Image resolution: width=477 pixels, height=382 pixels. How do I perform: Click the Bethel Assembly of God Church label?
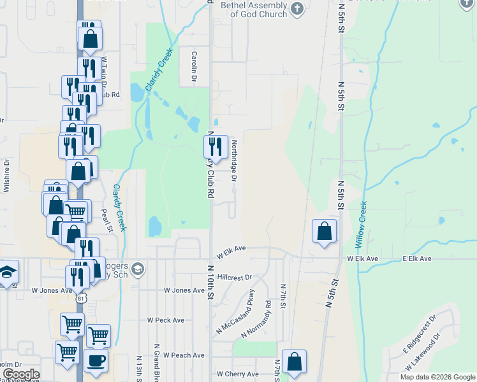[254, 10]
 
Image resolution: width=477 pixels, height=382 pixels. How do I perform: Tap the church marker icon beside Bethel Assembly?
[297, 8]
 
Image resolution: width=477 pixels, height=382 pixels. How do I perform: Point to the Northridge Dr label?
[234, 161]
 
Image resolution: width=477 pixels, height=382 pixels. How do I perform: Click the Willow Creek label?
[362, 224]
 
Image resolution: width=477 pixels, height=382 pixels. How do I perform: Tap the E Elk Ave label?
[417, 259]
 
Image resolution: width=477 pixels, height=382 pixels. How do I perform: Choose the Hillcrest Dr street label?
[235, 278]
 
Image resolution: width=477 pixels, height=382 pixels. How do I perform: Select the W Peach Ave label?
[184, 355]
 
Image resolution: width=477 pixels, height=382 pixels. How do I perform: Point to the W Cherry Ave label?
[237, 374]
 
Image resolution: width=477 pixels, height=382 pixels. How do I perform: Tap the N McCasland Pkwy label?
[236, 312]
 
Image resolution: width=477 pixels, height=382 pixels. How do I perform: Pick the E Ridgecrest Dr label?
[419, 334]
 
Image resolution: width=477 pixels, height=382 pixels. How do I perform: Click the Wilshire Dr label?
[6, 175]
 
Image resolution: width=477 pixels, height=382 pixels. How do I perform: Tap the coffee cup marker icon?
[96, 360]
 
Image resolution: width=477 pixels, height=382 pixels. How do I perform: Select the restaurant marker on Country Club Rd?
[216, 146]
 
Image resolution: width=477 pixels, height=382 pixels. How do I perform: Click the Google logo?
[20, 374]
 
